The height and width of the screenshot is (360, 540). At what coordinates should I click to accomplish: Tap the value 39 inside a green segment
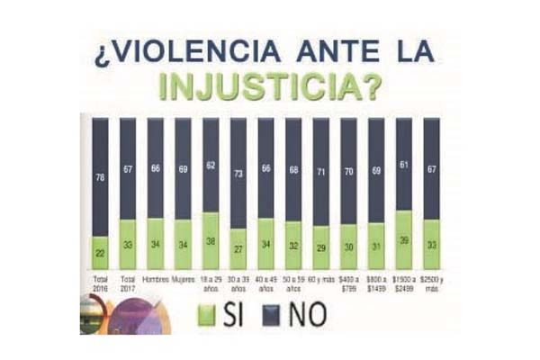[x=404, y=241]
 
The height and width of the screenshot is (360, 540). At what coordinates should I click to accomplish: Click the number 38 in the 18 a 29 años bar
[x=211, y=241]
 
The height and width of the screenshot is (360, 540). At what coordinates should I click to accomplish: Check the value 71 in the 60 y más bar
[x=320, y=171]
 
